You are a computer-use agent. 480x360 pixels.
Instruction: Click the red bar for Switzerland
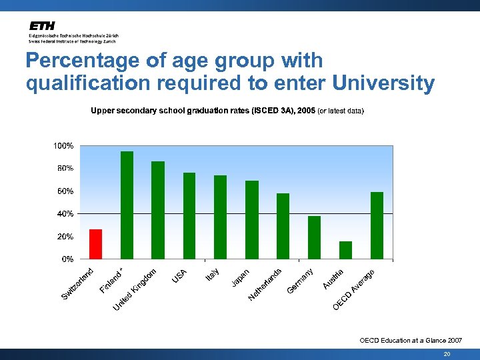[95, 244]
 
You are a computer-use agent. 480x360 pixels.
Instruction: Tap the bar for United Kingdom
[158, 210]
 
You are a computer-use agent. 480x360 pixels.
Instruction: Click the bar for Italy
[220, 217]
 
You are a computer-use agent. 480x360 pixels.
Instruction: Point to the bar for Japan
[251, 220]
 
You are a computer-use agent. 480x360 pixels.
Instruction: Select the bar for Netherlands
[283, 226]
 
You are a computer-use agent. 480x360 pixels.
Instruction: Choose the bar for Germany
[314, 237]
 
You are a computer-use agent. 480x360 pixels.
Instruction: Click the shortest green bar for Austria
[345, 250]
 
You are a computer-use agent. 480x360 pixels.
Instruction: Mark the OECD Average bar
[377, 225]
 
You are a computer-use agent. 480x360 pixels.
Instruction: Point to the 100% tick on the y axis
[64, 146]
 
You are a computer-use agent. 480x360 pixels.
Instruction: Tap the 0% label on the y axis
[67, 259]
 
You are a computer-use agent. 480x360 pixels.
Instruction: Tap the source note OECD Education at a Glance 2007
[409, 340]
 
